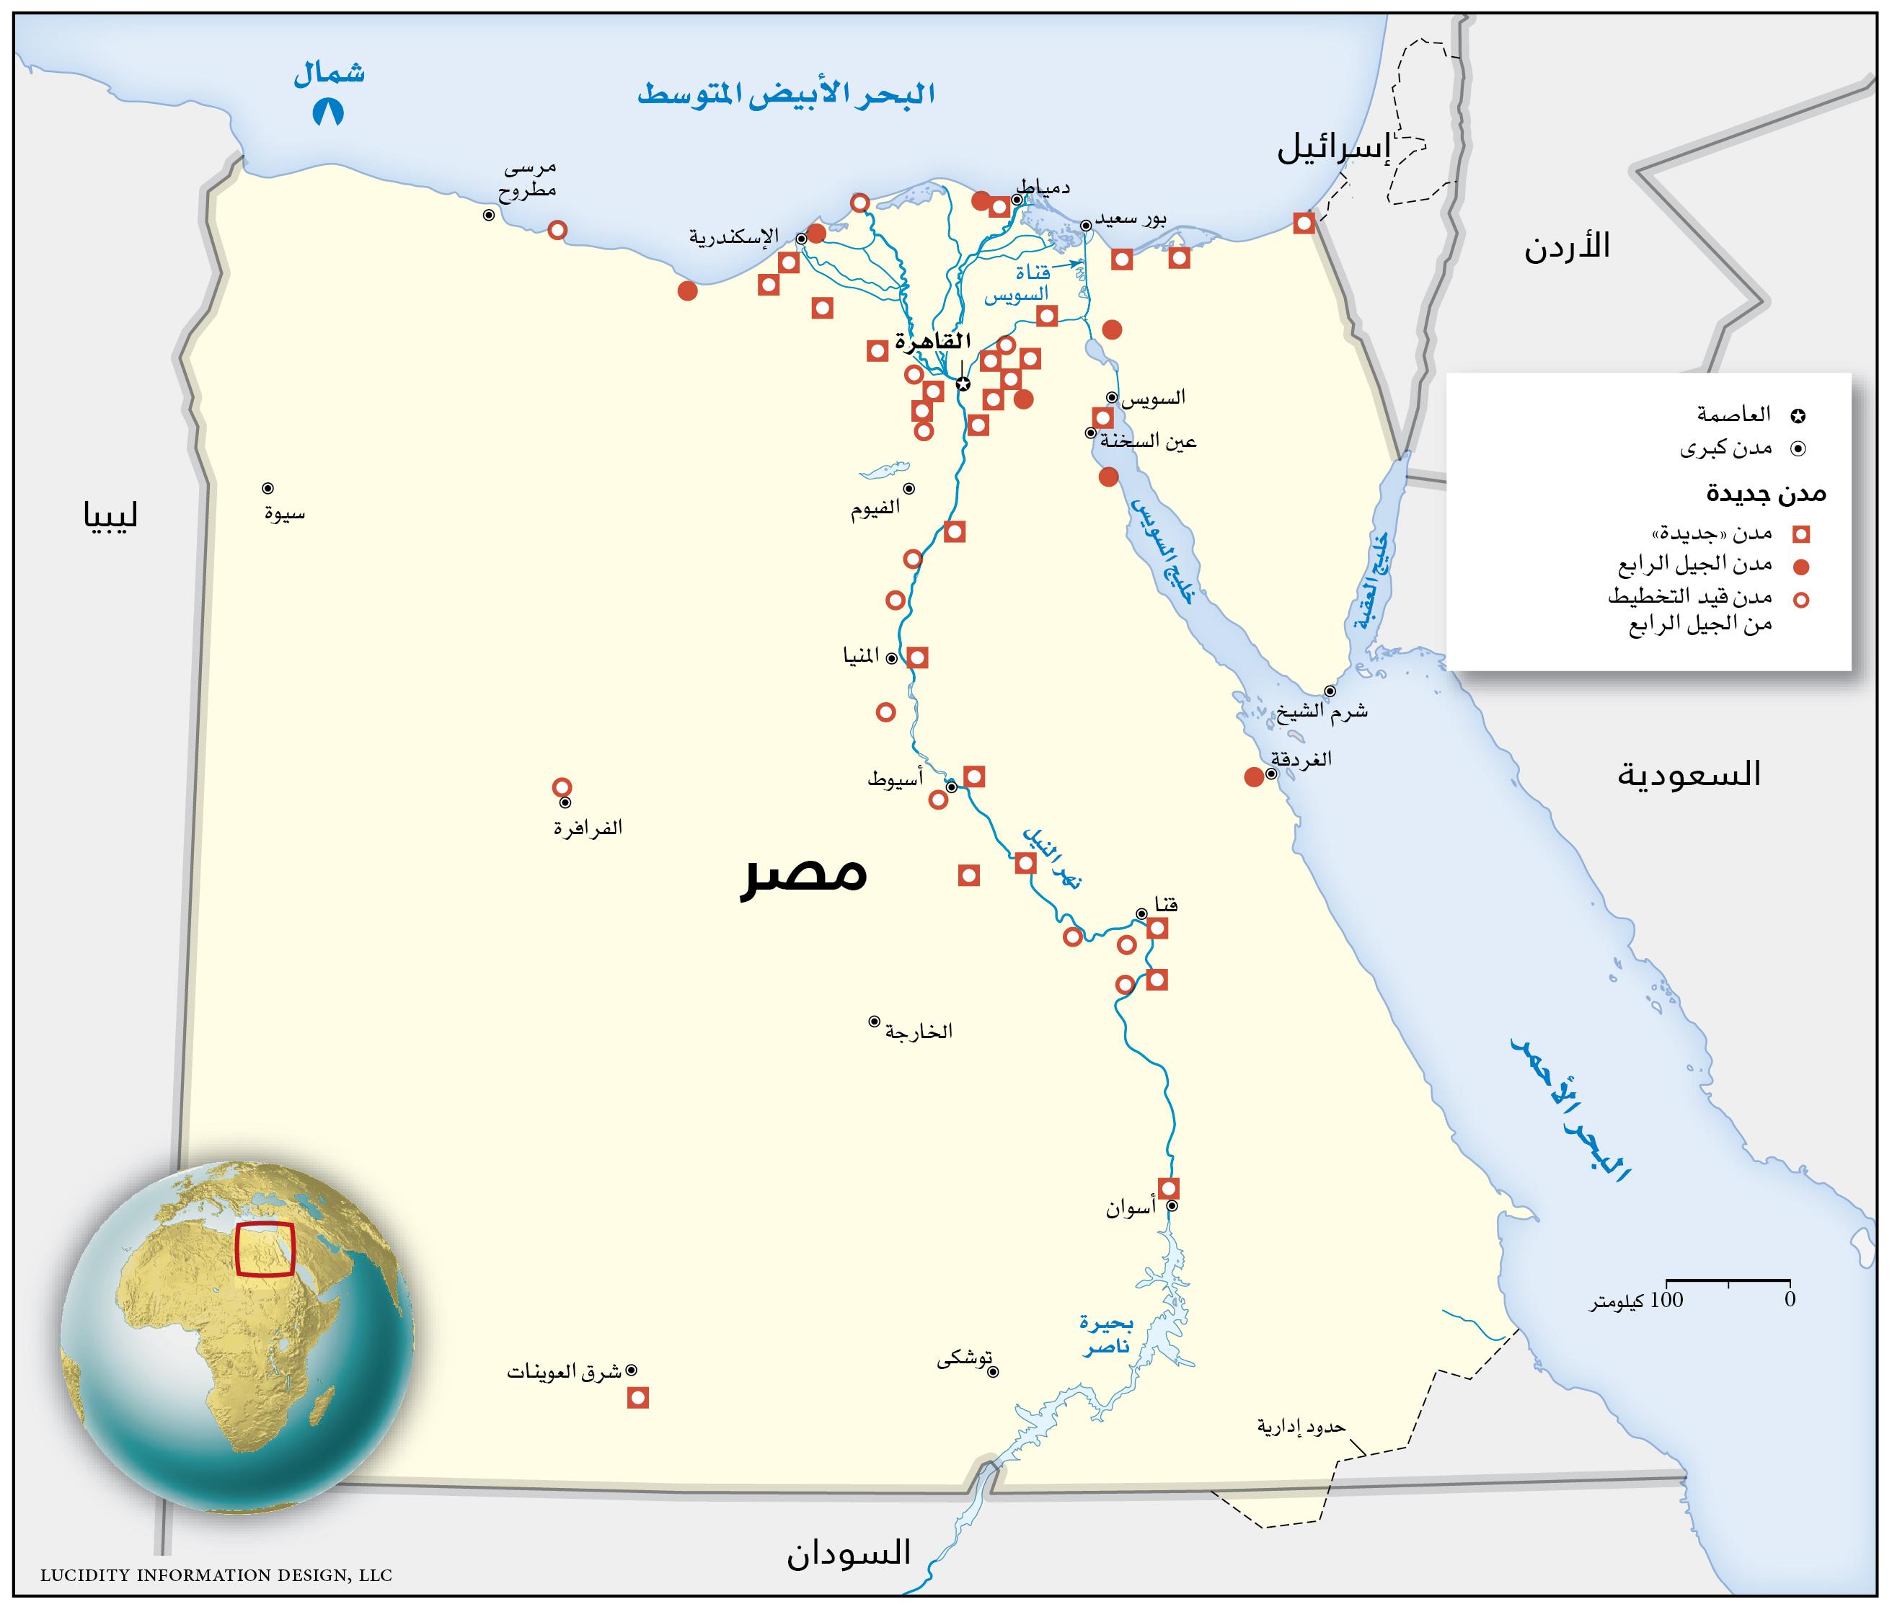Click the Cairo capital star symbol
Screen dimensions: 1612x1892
tap(963, 384)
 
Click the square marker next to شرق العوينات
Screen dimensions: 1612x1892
tap(637, 1397)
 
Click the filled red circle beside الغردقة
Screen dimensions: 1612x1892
tap(1254, 776)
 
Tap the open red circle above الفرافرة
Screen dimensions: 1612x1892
tap(562, 787)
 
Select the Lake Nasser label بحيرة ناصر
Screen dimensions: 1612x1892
tap(1107, 1335)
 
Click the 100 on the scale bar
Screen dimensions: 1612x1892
tap(1667, 1300)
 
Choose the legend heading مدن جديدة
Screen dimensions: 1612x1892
tap(1766, 494)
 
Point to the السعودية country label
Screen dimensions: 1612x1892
tap(1689, 775)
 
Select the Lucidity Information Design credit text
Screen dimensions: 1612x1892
tap(216, 1575)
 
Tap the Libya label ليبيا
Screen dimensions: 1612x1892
tap(110, 517)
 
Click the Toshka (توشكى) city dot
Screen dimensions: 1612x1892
tap(994, 1371)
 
